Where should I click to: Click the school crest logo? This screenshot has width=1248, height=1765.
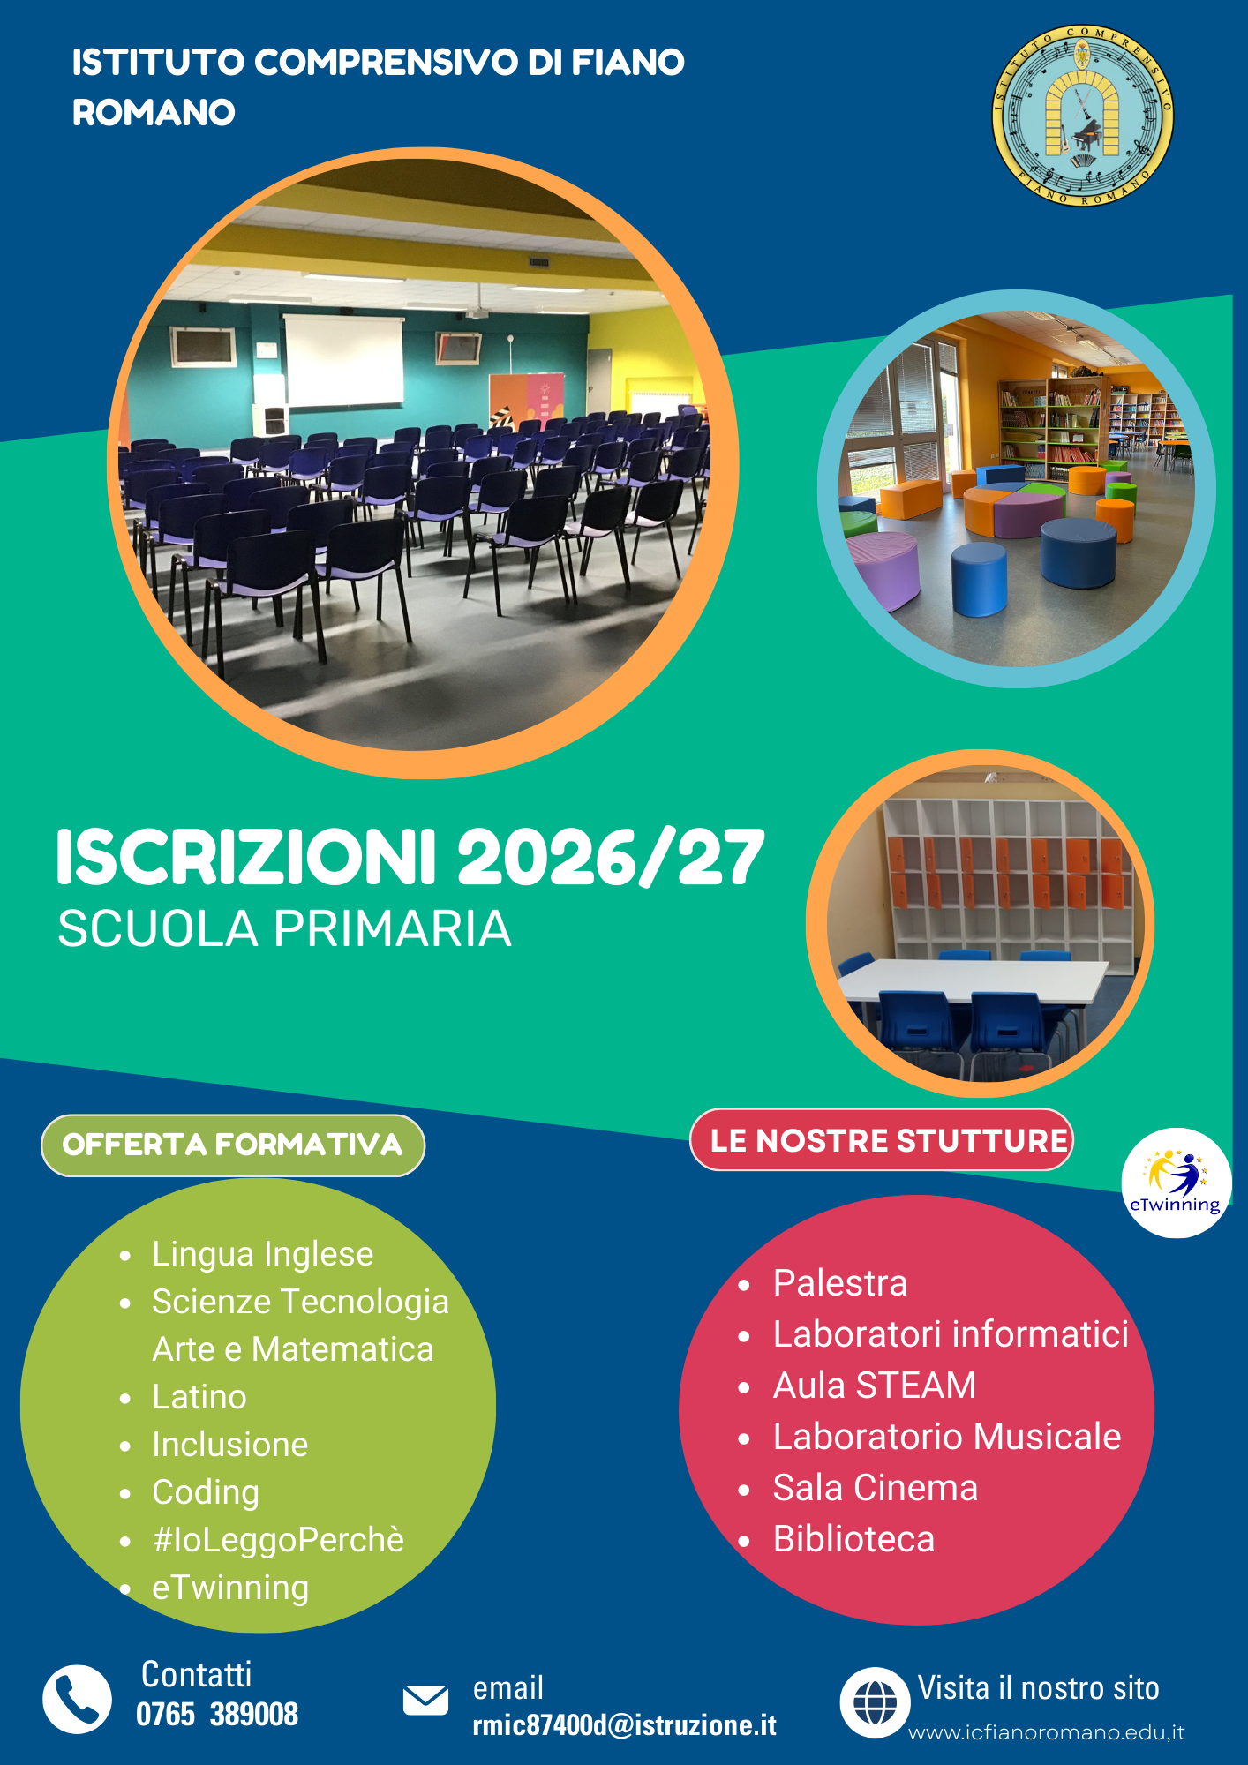pos(1083,115)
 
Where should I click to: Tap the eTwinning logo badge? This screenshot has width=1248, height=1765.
pos(1176,1183)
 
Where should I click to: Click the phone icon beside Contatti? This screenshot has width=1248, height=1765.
pos(77,1699)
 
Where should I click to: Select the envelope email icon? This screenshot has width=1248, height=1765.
pos(425,1700)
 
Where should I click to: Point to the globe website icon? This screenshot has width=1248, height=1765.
pos(875,1702)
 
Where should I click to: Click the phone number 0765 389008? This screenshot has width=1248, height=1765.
pos(217,1714)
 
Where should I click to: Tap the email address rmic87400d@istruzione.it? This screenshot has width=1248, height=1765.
pos(625,1724)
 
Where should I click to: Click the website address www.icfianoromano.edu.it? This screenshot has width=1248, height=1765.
pos(1047,1732)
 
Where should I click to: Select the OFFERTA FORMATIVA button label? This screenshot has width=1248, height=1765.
pos(233,1145)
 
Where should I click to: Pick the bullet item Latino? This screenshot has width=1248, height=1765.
pos(199,1397)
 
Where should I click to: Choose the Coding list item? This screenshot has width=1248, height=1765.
pos(206,1492)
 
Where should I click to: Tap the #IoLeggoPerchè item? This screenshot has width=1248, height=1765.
pos(278,1540)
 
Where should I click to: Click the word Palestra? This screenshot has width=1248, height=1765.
pos(840,1283)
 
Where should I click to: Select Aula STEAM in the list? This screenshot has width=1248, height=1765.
pos(875,1386)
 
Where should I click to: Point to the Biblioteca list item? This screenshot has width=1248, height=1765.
pos(853,1539)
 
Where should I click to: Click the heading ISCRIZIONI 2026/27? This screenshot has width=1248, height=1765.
pos(410,858)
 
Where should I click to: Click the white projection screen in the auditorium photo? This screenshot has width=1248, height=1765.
pos(343,361)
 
